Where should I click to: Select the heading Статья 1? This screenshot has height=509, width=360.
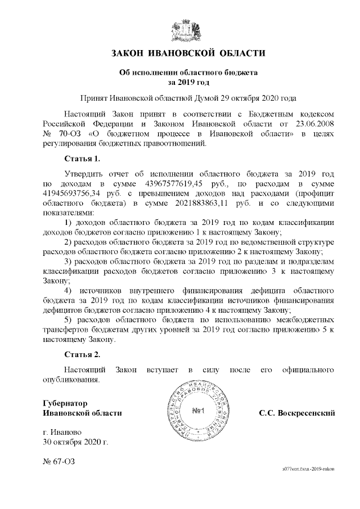83,158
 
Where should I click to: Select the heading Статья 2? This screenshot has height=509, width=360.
83,354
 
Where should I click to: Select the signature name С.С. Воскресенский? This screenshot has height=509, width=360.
297,413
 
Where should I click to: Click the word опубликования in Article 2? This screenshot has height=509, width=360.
71,380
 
